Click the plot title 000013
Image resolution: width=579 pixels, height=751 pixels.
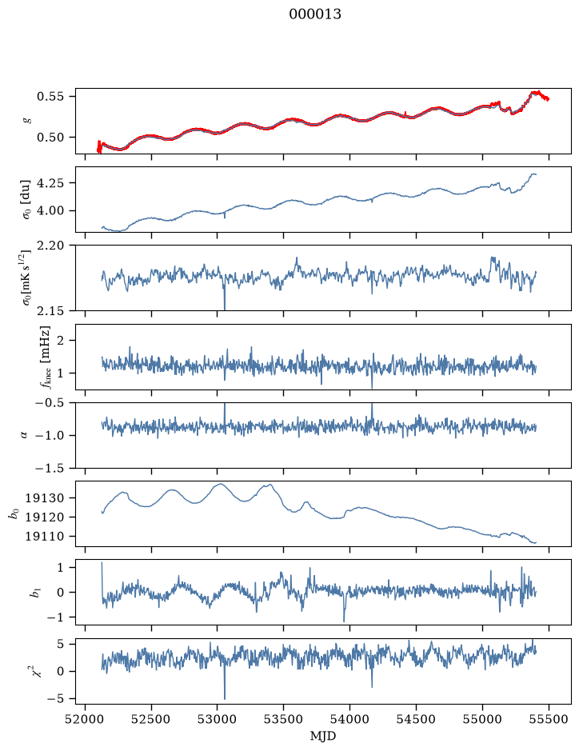tap(314, 14)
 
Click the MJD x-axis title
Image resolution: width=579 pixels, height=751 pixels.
tap(323, 736)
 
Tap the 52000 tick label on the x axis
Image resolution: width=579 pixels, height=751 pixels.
tap(86, 719)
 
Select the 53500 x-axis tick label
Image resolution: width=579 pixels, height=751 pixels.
tap(284, 719)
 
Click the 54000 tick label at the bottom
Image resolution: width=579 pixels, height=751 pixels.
tap(349, 719)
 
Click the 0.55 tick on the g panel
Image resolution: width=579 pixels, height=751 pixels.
tap(50, 96)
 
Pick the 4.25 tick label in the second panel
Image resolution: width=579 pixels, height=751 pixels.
tap(50, 183)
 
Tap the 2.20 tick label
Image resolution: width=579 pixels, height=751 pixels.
tap(50, 246)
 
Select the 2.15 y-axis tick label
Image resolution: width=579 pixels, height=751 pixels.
tap(50, 311)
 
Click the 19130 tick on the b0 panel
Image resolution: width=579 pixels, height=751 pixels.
tap(44, 498)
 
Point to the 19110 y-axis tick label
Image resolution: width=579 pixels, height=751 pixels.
tap(44, 537)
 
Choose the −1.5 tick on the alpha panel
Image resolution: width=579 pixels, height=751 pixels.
tap(50, 468)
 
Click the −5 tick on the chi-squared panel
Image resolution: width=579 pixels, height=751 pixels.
tap(55, 699)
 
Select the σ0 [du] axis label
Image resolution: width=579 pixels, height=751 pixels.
tap(26, 199)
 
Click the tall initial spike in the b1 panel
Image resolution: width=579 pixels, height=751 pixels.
tap(102, 580)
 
